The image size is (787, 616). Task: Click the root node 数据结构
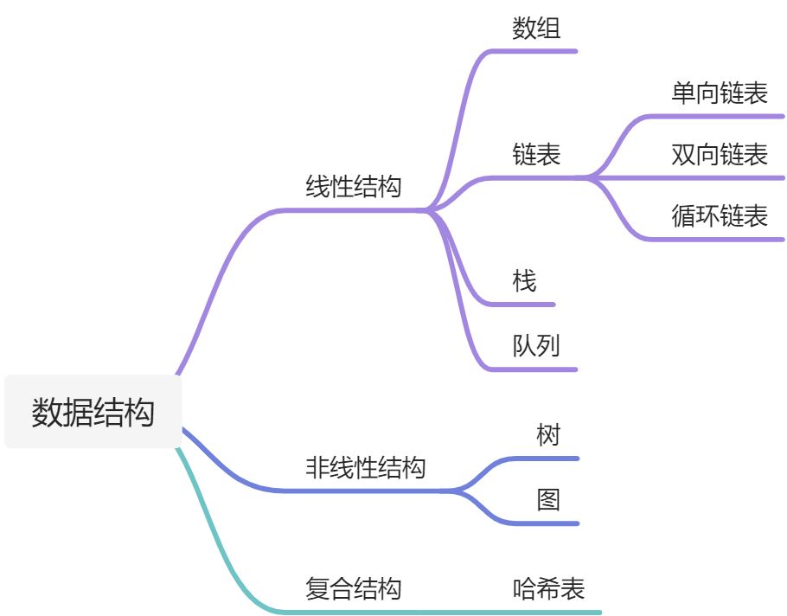[93, 412]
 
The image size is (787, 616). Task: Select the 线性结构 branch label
[354, 187]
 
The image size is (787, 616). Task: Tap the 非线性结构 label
[366, 468]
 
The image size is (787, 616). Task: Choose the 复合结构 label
[354, 589]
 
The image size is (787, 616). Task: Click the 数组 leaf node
[536, 29]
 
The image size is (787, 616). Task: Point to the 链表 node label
[536, 154]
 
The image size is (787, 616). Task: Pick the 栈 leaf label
[524, 280]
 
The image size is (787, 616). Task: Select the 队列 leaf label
[536, 346]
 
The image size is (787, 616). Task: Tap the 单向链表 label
[720, 93]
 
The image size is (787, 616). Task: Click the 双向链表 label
[720, 155]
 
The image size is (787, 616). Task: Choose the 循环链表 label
[720, 215]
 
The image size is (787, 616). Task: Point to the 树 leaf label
[548, 434]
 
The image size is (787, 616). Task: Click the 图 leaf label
[548, 499]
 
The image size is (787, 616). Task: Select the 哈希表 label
[548, 589]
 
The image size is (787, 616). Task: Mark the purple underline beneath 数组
[541, 51]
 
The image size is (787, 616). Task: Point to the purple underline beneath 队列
[541, 369]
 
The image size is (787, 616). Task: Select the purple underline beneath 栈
[523, 305]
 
